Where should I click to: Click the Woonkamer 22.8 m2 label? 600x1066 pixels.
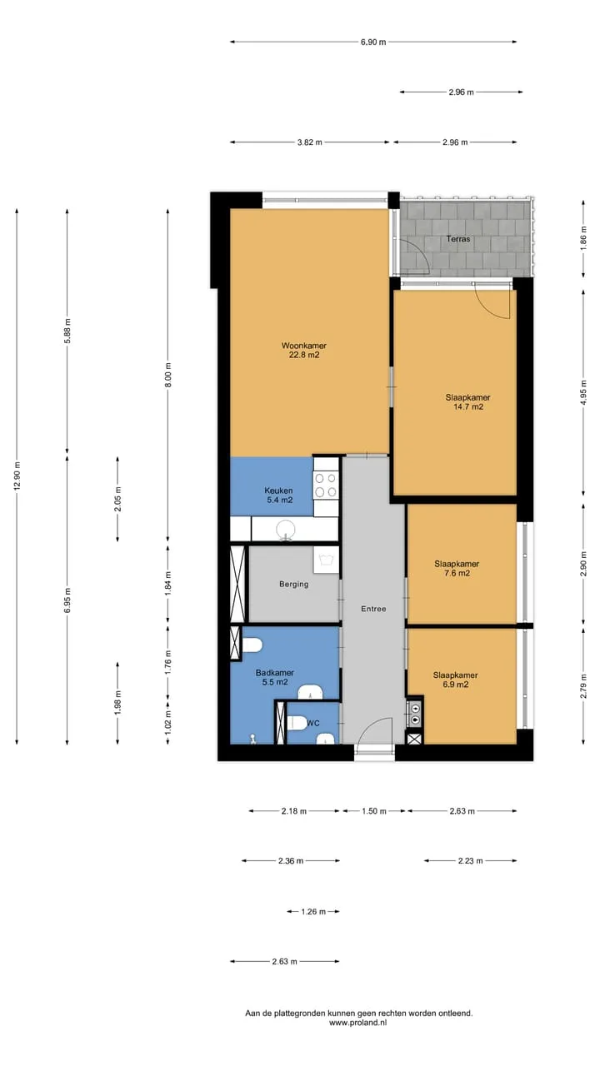click(304, 351)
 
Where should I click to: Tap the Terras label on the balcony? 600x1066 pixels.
click(458, 239)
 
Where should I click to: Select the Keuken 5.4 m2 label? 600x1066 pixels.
click(279, 495)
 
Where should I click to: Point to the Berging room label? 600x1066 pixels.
click(294, 584)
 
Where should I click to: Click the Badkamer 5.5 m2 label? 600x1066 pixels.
click(275, 677)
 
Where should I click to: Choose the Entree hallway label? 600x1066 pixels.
click(373, 609)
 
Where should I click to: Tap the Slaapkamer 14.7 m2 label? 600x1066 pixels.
click(468, 401)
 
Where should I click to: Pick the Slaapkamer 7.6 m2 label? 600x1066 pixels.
click(457, 568)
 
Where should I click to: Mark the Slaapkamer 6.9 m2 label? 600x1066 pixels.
click(456, 680)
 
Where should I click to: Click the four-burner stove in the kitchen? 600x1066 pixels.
click(326, 485)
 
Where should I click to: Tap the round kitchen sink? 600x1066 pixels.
click(286, 529)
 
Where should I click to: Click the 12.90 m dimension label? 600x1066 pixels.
click(17, 476)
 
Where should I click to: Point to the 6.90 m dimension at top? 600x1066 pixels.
click(373, 42)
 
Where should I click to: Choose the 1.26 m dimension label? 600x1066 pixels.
click(313, 912)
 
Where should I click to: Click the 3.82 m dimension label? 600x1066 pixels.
click(309, 142)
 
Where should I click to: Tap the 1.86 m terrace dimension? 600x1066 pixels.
click(584, 239)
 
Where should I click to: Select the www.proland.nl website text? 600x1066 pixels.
click(358, 1022)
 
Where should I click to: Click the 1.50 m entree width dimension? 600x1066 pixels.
click(374, 811)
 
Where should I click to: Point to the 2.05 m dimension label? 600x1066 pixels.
click(117, 499)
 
